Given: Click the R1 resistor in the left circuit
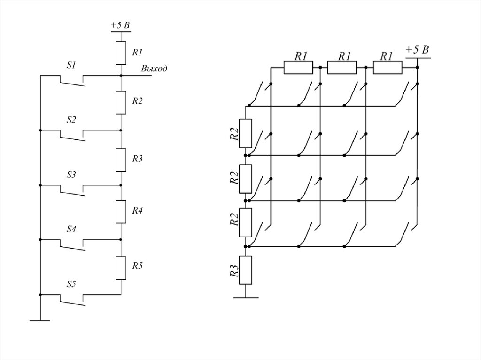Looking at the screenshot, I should tap(121, 53).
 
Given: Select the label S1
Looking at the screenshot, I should tap(71, 66).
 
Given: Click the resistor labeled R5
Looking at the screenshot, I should tap(121, 268).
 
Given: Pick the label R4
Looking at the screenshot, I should tap(137, 211).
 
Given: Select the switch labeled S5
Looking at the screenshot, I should tap(72, 299).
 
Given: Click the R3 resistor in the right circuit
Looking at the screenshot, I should tap(246, 270).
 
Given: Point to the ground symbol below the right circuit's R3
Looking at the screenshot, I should tap(246, 297).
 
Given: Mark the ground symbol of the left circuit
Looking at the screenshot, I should tap(40, 320).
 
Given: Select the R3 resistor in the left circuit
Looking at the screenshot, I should tap(121, 159).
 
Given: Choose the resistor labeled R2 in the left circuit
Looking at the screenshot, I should tap(121, 102).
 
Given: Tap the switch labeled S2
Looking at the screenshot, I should tap(72, 134).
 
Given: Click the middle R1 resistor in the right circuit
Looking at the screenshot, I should tap(342, 68).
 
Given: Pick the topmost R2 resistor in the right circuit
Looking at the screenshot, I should tap(246, 133).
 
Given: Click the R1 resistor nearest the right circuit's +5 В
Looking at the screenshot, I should tap(388, 68).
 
